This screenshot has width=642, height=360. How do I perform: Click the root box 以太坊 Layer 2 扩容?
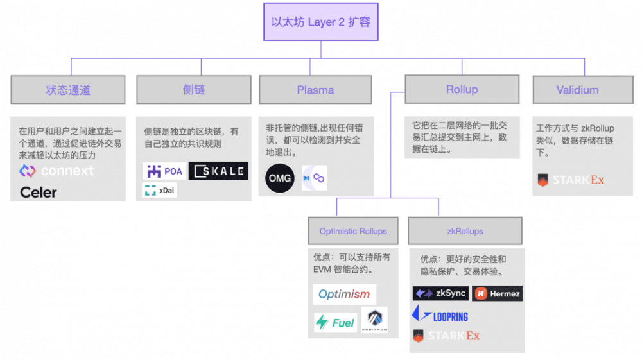pos(320,22)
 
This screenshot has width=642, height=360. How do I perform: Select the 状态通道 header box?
pos(67,90)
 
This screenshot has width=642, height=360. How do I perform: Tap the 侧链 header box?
pos(194,90)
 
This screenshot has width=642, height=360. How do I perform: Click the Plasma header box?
pos(315,90)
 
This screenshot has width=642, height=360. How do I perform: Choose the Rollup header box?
pos(462,89)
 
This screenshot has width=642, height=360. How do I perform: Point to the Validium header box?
pos(577,90)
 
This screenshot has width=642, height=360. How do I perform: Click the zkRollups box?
pos(465,231)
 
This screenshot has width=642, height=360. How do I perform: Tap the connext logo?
pos(56,171)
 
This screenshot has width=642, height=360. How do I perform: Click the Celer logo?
pos(39,192)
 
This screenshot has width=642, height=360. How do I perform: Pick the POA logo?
pos(164,171)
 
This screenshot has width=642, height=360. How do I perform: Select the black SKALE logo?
pos(218,171)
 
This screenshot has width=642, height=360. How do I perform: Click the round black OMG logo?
pos(280,178)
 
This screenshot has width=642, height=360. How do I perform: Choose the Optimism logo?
pos(345,295)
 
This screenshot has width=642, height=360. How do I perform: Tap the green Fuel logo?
pos(335,322)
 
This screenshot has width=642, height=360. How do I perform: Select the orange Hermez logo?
pos(498,294)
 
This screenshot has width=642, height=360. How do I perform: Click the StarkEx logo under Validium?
pos(571,180)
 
